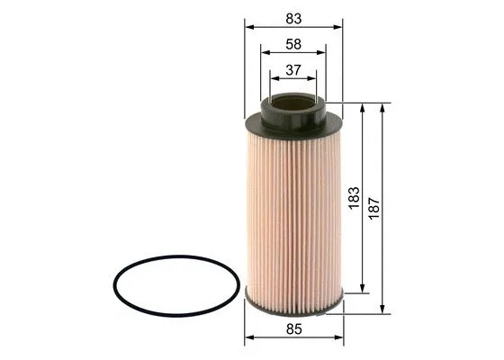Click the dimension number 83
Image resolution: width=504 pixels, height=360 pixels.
click(x=293, y=17)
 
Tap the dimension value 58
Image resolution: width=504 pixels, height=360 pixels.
click(x=293, y=43)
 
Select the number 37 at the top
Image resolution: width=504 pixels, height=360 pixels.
click(x=293, y=70)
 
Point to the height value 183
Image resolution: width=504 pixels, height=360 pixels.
click(x=354, y=197)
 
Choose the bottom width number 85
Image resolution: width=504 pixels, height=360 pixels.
click(x=293, y=329)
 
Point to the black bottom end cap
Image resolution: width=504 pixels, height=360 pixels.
click(x=293, y=303)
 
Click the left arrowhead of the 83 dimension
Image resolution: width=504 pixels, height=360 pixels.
click(x=247, y=28)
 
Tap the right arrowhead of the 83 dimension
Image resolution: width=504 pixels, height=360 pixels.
click(x=339, y=28)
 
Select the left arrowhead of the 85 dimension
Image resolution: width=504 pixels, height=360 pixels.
click(x=247, y=340)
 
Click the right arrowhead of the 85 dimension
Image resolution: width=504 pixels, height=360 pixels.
click(x=340, y=340)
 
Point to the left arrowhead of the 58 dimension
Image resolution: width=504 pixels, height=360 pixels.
click(x=262, y=54)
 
